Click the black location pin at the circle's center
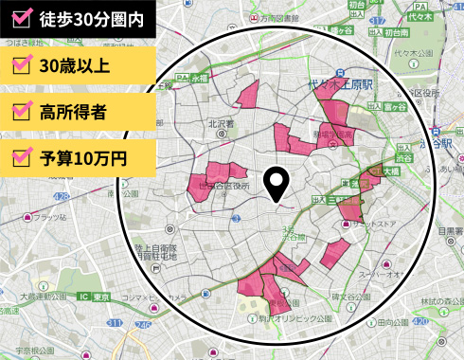277,183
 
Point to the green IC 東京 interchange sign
91,297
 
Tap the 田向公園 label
392,322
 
